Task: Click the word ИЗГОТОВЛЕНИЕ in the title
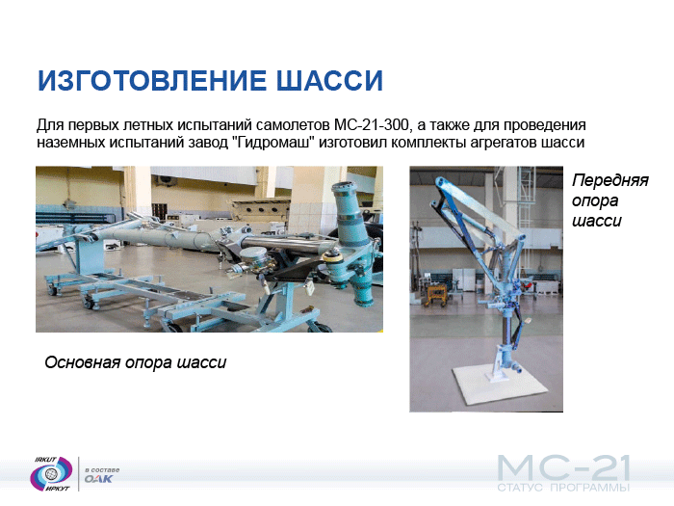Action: (x=152, y=80)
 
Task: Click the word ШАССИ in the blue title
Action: (x=329, y=80)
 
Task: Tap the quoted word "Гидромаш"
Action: (x=273, y=142)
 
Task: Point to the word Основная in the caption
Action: (x=82, y=362)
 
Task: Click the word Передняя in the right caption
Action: (x=609, y=180)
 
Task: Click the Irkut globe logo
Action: (x=52, y=474)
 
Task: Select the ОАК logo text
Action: (x=98, y=479)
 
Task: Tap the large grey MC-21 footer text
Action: (x=563, y=468)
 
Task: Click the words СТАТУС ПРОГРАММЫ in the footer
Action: (x=563, y=488)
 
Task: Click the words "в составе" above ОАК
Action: (x=102, y=470)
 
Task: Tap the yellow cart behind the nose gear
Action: (x=436, y=295)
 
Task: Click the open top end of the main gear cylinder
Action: (x=344, y=187)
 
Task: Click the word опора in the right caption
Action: (x=595, y=200)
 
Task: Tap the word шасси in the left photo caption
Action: (x=201, y=362)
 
